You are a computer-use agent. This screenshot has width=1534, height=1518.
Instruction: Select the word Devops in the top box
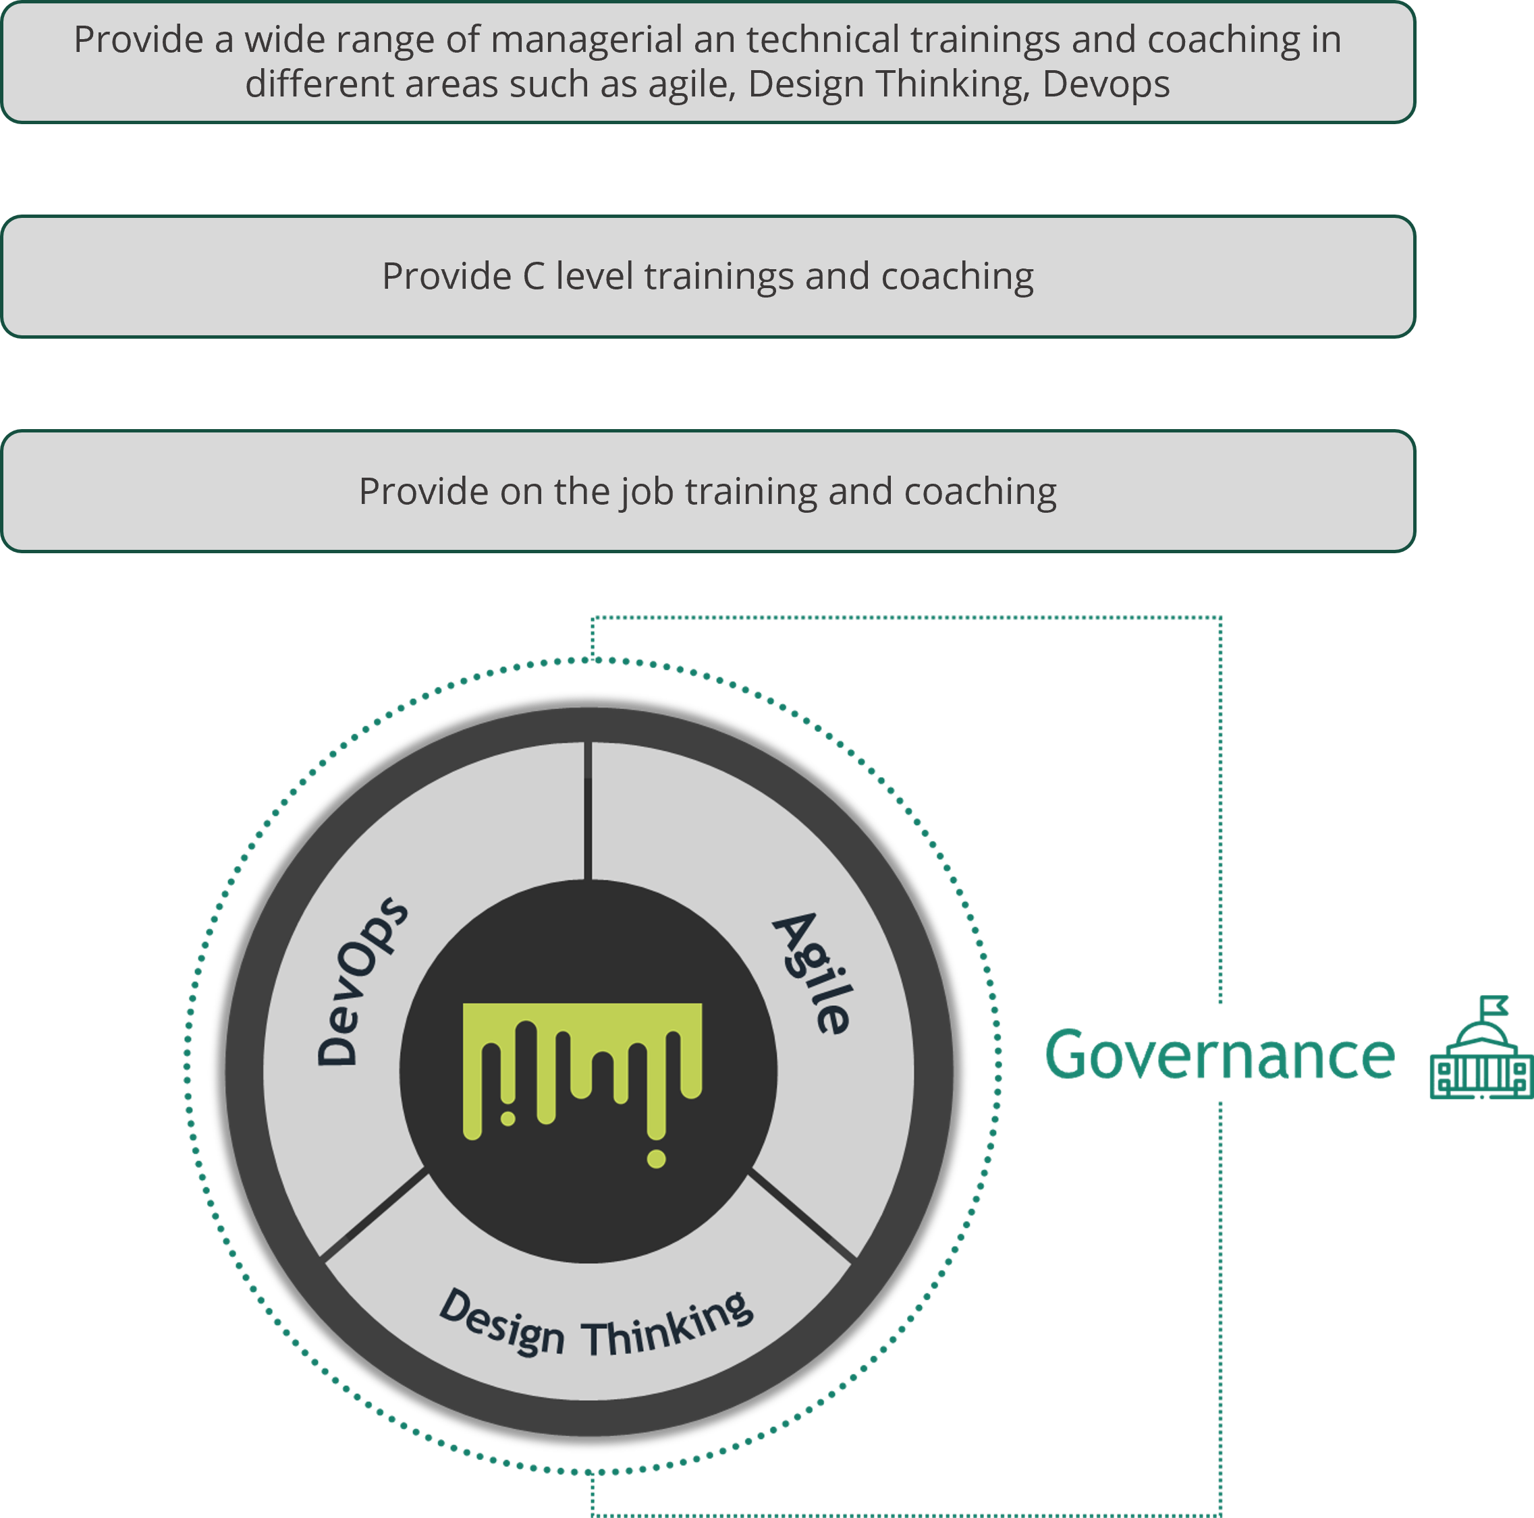coord(1106,84)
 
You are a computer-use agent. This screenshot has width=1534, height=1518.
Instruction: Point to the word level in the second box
coord(595,277)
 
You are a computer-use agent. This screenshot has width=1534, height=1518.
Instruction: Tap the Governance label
coord(1219,1055)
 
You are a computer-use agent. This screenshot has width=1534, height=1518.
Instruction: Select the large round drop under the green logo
coord(656,1158)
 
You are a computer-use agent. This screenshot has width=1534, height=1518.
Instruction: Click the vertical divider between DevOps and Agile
coord(588,810)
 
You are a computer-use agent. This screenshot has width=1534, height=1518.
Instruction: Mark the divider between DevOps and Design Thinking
coord(375,1214)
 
